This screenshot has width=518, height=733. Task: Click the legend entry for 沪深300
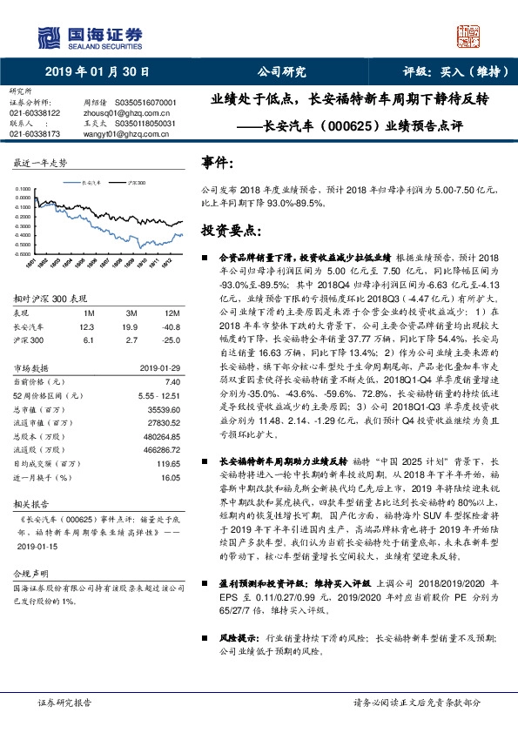pyautogui.click(x=137, y=184)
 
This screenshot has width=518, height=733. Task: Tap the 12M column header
pyautogui.click(x=172, y=312)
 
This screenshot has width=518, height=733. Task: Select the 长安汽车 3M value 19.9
pyautogui.click(x=131, y=326)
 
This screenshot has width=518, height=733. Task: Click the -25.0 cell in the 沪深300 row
pyautogui.click(x=172, y=340)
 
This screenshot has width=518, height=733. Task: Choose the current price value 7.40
pyautogui.click(x=172, y=381)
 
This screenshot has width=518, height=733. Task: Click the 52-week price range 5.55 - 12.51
pyautogui.click(x=157, y=395)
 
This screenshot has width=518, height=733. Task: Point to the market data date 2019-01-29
pyautogui.click(x=159, y=367)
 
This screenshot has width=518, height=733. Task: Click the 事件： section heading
pyautogui.click(x=218, y=162)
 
